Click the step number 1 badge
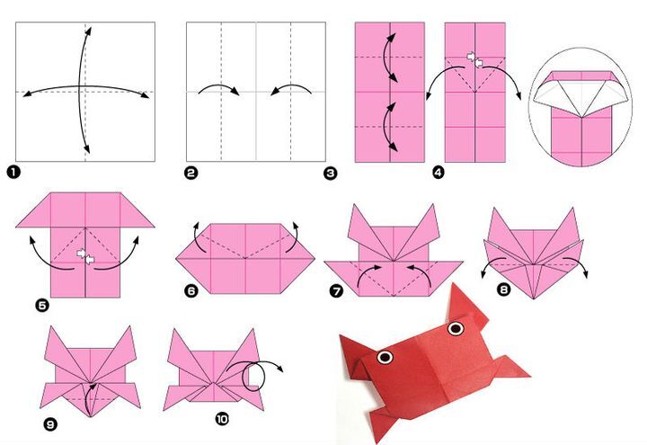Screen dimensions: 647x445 [x=13, y=172]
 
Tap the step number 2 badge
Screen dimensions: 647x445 [x=191, y=173]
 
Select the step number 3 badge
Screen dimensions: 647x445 [x=330, y=173]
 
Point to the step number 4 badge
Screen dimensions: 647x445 [x=439, y=172]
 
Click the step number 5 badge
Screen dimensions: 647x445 [x=42, y=306]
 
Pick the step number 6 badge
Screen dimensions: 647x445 [x=191, y=291]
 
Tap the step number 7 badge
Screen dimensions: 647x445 [x=336, y=291]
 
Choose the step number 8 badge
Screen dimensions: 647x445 [x=503, y=289]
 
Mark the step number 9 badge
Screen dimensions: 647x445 [x=50, y=424]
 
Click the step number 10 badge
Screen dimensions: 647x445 [x=222, y=420]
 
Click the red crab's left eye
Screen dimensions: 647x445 [x=385, y=357]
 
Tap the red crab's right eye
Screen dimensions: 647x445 [x=456, y=328]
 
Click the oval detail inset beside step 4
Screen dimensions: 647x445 [x=580, y=107]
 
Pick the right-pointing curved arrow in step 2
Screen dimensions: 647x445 [x=218, y=85]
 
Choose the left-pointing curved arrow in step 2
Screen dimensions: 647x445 [x=291, y=85]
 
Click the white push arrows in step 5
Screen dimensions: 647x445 [x=85, y=256]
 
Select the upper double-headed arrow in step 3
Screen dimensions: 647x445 [x=388, y=58]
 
